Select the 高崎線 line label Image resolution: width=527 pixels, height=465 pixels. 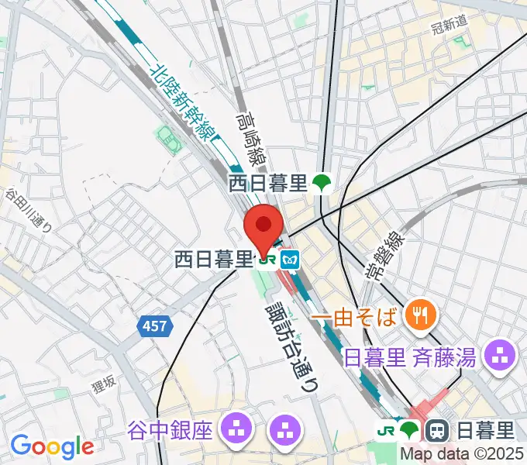[x=250, y=137]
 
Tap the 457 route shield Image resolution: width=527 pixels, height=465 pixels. [x=154, y=328]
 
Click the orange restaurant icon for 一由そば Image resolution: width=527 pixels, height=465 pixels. [x=422, y=314]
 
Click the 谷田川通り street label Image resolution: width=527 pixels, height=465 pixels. [x=29, y=210]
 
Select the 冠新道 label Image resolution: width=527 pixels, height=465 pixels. [x=449, y=23]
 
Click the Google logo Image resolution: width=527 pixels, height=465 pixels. [x=52, y=446]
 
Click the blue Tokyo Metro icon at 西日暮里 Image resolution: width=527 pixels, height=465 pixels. [x=290, y=260]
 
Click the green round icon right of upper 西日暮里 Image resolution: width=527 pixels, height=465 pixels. [x=321, y=183]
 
